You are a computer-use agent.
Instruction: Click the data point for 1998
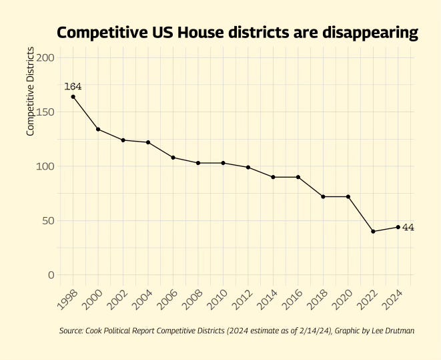[73, 97]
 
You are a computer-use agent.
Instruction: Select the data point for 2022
[373, 231]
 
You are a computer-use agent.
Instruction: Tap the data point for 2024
[398, 227]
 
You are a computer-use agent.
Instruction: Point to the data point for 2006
[173, 158]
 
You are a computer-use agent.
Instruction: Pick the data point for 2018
[323, 196]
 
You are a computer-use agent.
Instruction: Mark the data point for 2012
[248, 167]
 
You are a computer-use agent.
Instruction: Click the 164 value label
[73, 86]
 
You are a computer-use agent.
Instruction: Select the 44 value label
[408, 228]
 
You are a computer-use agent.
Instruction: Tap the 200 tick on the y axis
[45, 57]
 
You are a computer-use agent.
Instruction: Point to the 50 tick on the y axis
[48, 220]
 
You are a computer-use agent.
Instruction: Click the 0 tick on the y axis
[51, 275]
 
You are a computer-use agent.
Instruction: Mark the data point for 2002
[123, 140]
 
